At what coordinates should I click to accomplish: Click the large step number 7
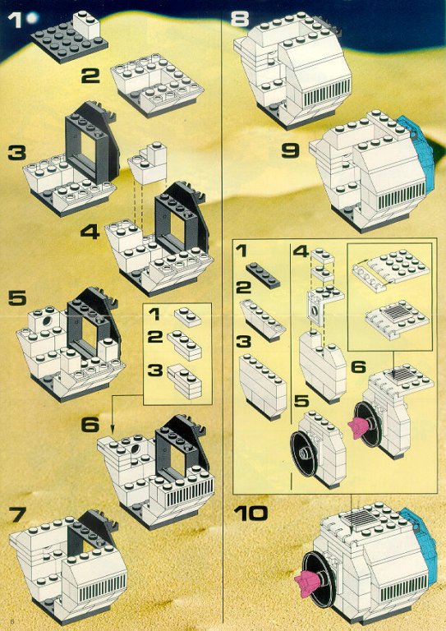coord(17,514)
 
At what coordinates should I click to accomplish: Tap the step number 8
coord(240,19)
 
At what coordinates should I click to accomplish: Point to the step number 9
coord(291,150)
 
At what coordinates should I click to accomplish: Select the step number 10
coord(251,513)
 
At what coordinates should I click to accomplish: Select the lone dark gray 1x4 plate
coord(263,276)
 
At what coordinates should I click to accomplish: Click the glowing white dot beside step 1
coord(32,17)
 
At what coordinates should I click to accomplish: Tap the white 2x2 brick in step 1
coord(86,24)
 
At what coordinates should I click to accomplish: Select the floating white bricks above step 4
coord(148,163)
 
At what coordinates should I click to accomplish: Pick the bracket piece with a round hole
coord(315,307)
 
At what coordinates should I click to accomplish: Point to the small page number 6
coord(4,624)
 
